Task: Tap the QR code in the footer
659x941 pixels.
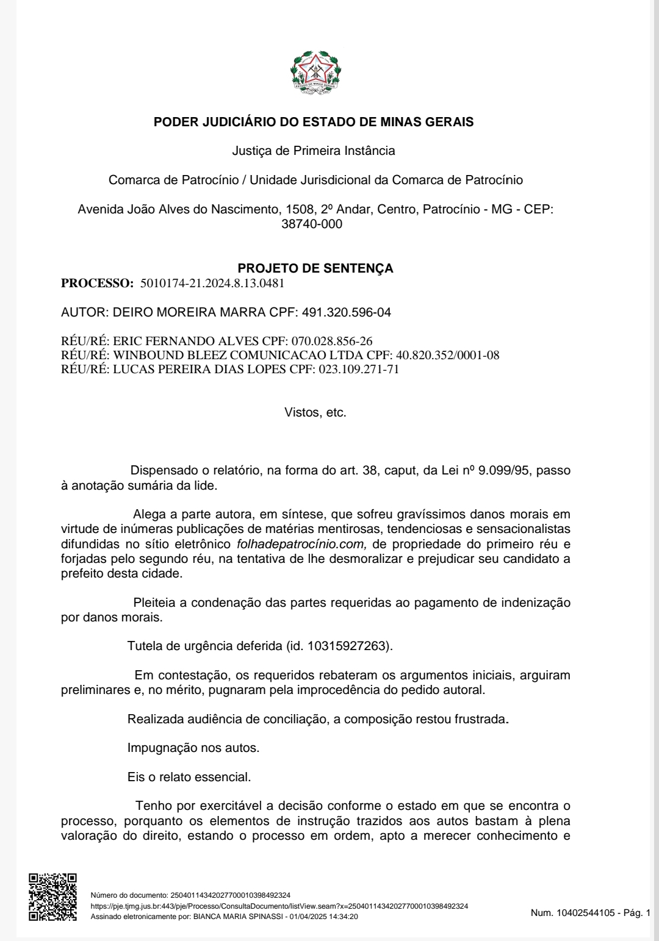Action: [x=53, y=896]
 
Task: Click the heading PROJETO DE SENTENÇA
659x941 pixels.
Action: [x=315, y=268]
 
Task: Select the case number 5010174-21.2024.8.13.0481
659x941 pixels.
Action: [x=212, y=283]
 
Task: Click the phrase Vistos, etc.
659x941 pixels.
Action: [x=315, y=412]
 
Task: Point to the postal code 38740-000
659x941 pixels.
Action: [x=312, y=224]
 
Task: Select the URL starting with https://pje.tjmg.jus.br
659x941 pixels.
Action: [x=279, y=906]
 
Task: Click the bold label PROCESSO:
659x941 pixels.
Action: [x=97, y=283]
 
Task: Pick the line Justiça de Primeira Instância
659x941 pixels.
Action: [x=314, y=151]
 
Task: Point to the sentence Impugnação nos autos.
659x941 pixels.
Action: [x=193, y=748]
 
